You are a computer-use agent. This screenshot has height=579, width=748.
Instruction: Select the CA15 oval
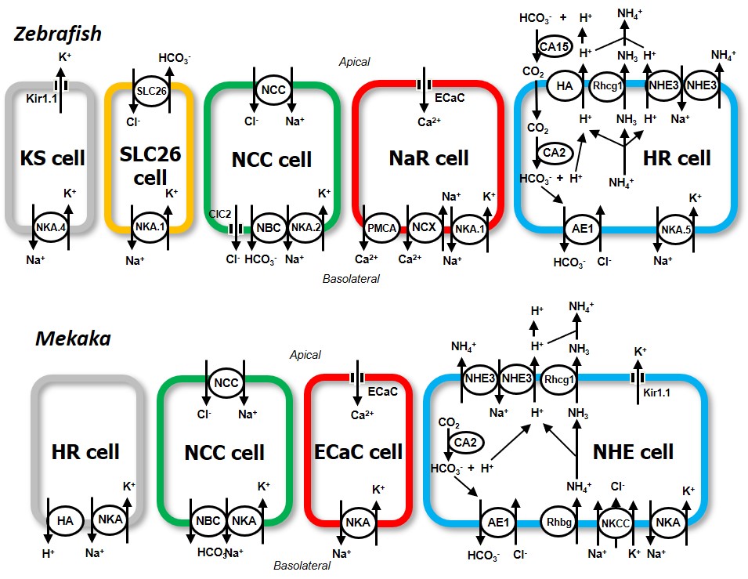555,48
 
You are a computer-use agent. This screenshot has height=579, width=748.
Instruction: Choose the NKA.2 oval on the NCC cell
305,228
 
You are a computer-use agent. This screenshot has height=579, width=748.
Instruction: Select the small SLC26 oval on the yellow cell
151,89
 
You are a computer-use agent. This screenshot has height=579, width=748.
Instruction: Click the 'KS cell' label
52,158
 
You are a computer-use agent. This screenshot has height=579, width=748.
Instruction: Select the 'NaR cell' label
428,158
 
